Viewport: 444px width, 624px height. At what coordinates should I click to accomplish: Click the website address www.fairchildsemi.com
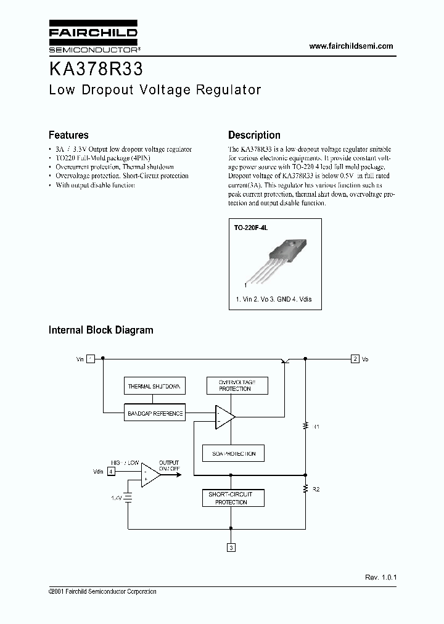coord(350,46)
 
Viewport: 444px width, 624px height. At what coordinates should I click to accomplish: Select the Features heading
coord(68,135)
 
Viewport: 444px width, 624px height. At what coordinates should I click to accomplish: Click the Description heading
coord(254,135)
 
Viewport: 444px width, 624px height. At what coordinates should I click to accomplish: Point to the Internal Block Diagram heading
coord(101,330)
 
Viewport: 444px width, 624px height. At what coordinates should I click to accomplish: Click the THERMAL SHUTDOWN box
coord(154,387)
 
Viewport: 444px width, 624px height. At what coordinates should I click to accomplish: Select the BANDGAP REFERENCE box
coord(155,413)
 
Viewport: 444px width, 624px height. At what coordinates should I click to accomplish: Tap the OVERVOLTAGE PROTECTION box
coord(235,386)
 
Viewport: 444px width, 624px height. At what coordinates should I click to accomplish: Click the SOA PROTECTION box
coord(233,453)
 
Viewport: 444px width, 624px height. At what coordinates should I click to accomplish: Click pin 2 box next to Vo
coord(355,359)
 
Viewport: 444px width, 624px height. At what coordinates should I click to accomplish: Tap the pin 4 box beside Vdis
coord(111,472)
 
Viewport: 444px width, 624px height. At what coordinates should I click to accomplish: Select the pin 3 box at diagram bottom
coord(231,547)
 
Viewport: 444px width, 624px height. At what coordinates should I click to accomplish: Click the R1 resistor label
coord(316,426)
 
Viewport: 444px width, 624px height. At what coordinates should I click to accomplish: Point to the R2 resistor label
coord(316,489)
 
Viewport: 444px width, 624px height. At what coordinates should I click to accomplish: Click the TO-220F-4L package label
coord(250,228)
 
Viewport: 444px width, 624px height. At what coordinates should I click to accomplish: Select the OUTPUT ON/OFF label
coord(169,466)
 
